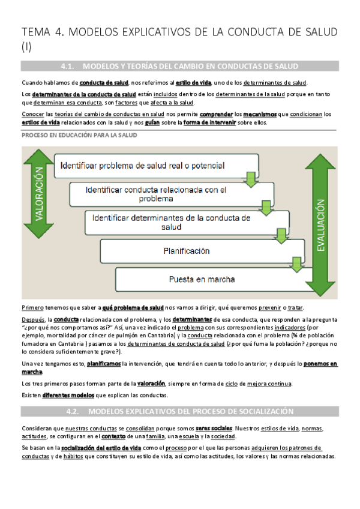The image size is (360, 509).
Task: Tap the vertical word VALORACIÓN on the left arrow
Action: coord(38,195)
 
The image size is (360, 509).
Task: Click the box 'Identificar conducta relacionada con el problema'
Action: coord(156,193)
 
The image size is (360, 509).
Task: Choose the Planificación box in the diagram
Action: coord(186,250)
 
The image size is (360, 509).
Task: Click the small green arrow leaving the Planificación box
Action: coord(295,262)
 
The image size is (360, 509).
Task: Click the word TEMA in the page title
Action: coord(37,32)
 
